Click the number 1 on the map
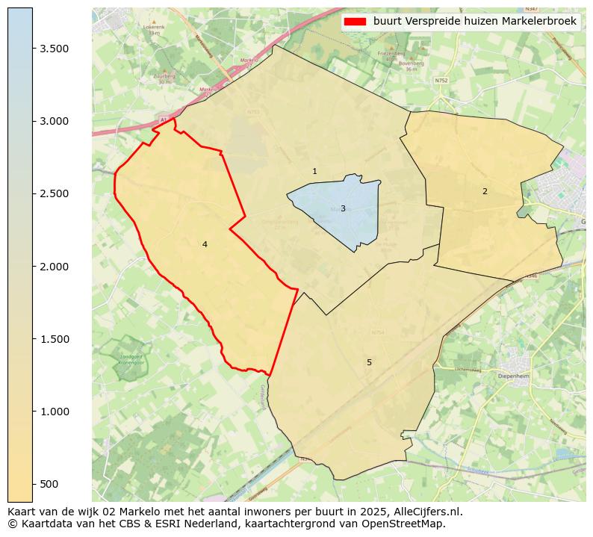point(314,172)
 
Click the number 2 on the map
point(485,192)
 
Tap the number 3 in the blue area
point(343,209)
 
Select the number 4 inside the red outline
point(205,245)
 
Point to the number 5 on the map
point(369,363)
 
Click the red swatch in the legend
point(355,22)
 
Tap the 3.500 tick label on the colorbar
point(54,49)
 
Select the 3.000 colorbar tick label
point(54,121)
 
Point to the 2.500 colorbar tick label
point(54,194)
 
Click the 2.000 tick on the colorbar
point(54,267)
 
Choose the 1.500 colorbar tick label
point(54,339)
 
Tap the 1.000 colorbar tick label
point(54,412)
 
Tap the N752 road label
point(441,80)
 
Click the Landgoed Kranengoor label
point(130,359)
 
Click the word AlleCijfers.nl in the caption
point(428,512)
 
